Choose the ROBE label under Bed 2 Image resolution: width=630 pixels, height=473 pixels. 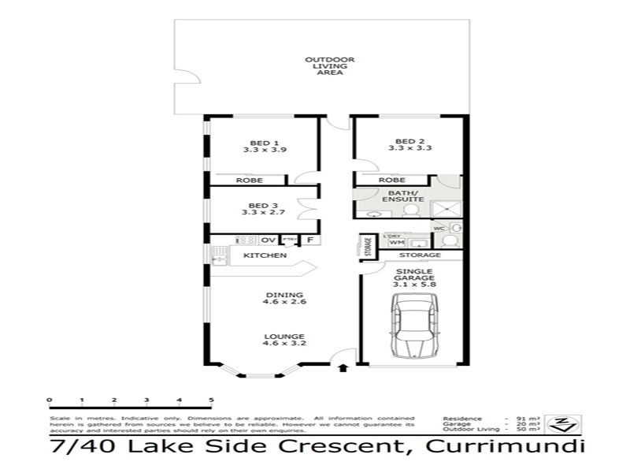tap(391, 181)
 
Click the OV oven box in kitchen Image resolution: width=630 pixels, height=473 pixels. tap(268, 240)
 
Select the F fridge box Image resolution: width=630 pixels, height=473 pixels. tap(310, 240)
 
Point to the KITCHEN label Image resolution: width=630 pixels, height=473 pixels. tap(264, 256)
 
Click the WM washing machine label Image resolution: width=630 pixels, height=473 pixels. tap(395, 243)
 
